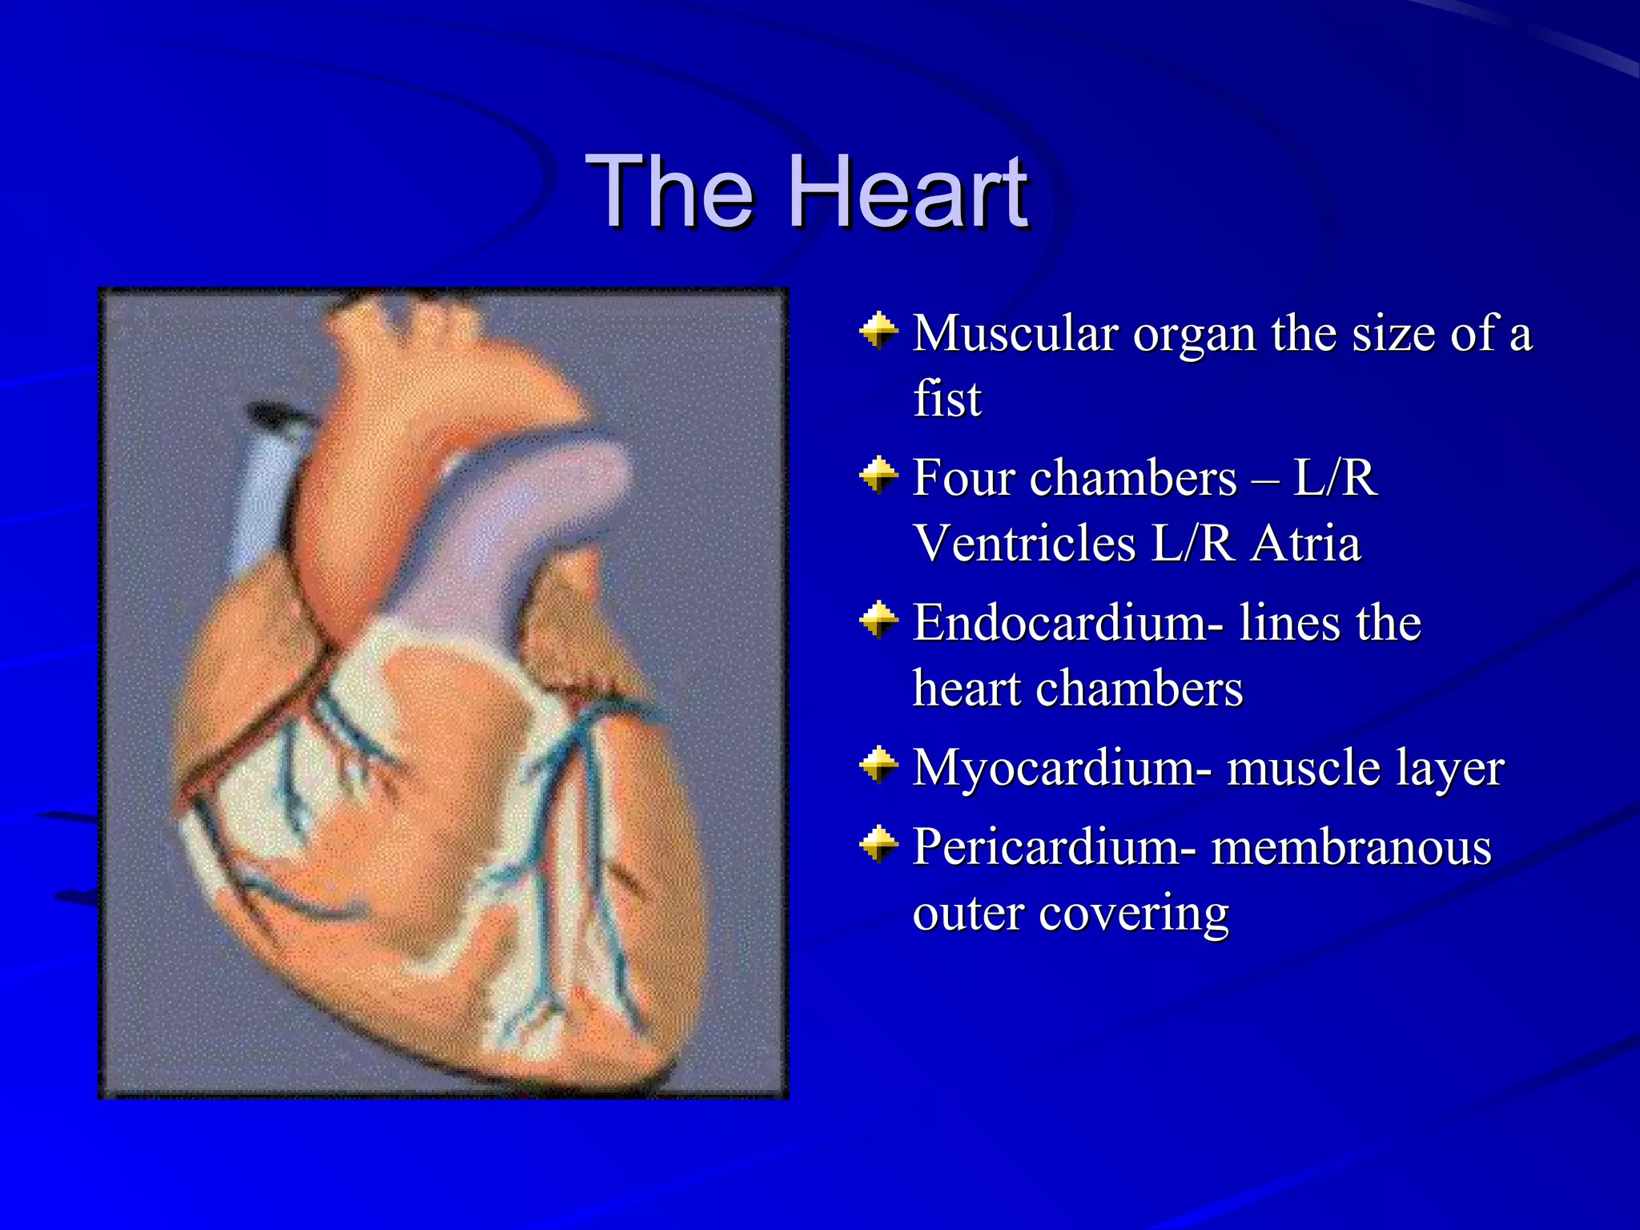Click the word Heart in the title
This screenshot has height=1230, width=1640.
tap(909, 192)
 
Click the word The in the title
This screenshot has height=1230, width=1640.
tap(670, 192)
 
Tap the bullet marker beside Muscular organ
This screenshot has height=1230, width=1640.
tap(878, 331)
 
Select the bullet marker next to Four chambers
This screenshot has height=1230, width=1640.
tap(878, 476)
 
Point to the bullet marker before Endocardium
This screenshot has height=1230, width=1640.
tap(878, 621)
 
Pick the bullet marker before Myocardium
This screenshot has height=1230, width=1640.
tap(878, 766)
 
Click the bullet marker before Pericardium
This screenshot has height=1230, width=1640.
tap(878, 845)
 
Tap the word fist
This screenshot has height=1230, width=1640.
tap(947, 399)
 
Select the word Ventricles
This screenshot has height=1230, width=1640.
tap(1024, 544)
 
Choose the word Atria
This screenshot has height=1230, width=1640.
tap(1305, 544)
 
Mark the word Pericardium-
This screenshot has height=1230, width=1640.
tap(1055, 847)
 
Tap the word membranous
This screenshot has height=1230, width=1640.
tap(1351, 847)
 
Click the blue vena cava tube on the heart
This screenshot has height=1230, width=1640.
tap(264, 496)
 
